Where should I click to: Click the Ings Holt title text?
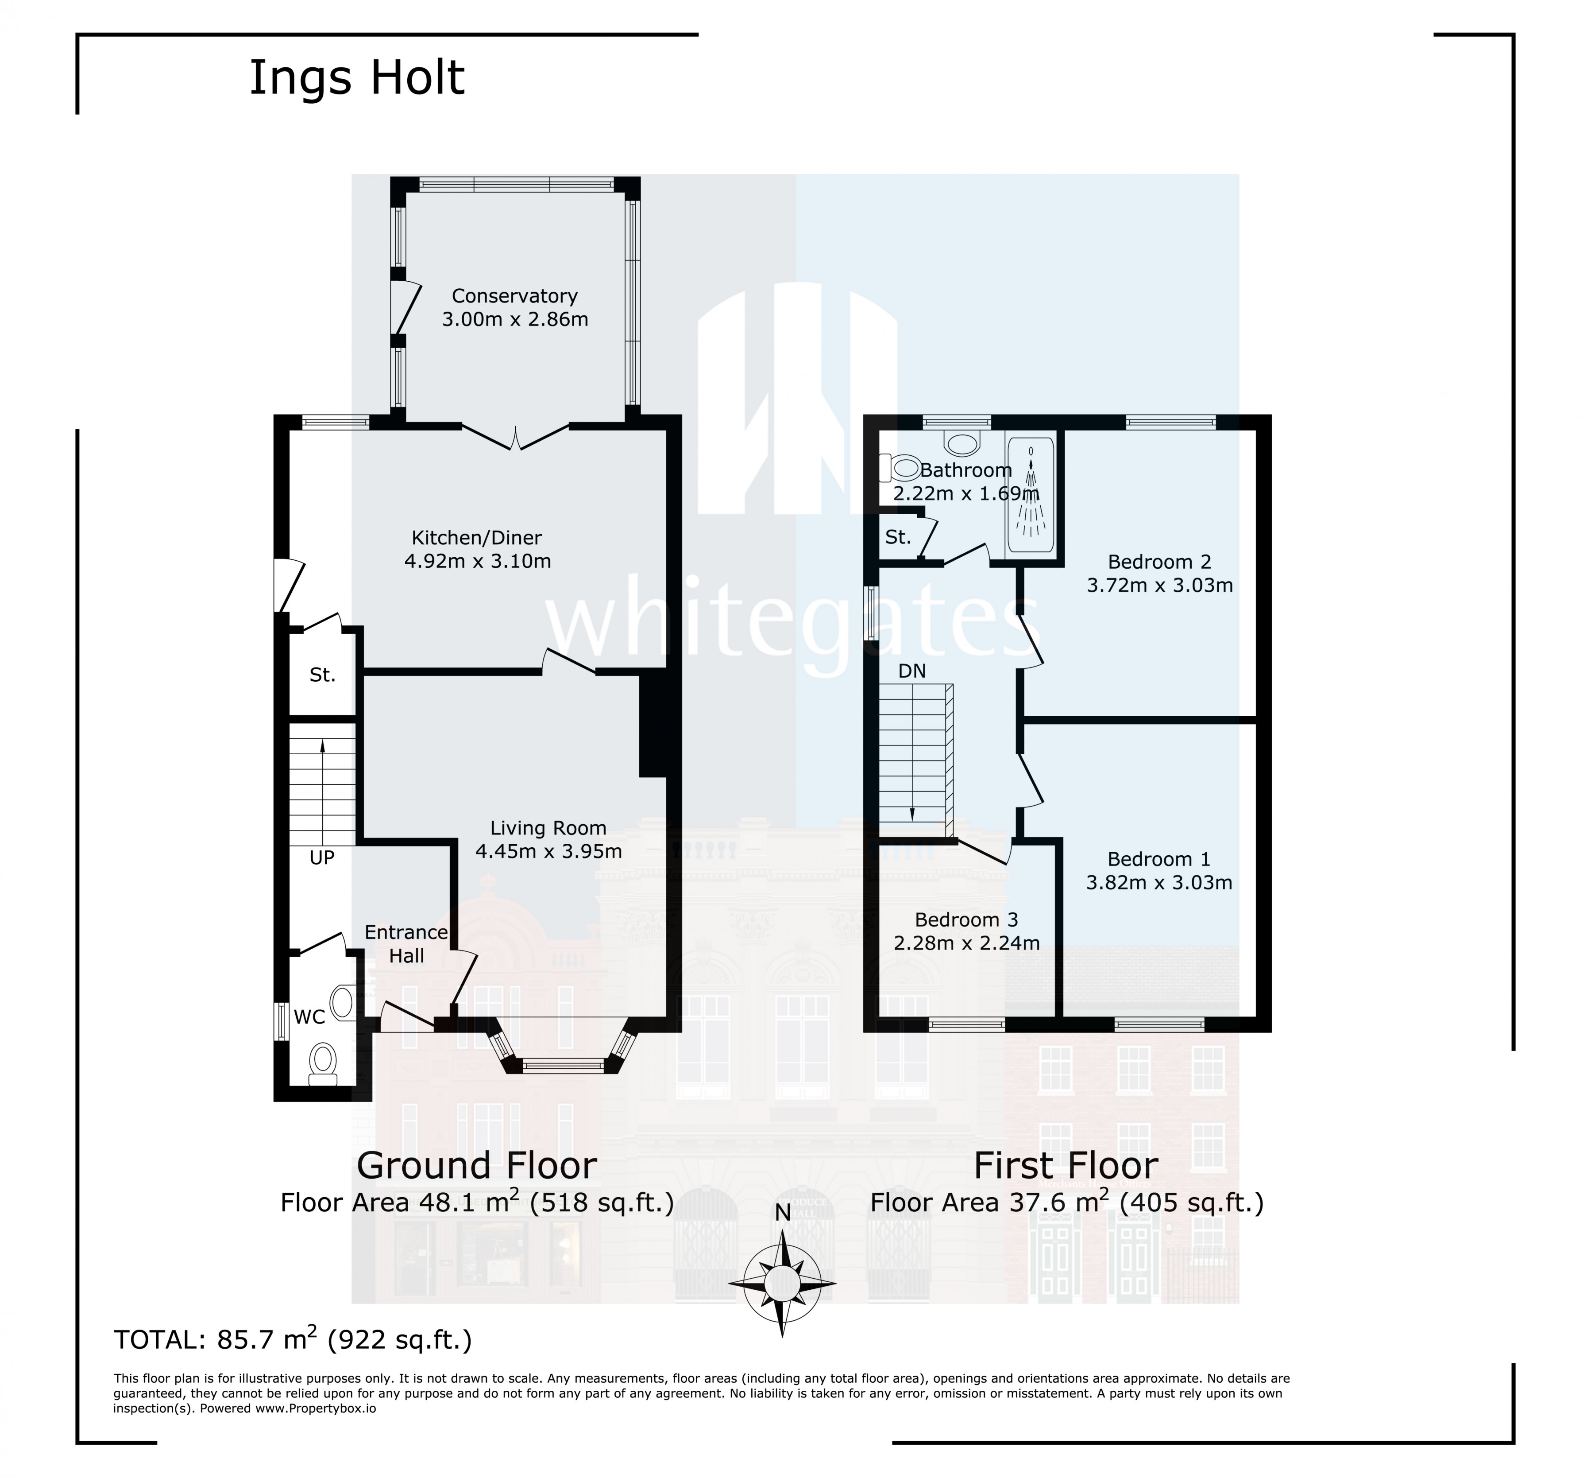point(356,78)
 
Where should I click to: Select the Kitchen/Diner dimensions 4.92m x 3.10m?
point(477,561)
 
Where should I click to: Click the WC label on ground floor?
point(309,1016)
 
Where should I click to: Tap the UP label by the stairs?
point(321,857)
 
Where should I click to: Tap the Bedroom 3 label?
point(966,920)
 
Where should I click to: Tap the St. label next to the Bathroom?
point(898,537)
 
